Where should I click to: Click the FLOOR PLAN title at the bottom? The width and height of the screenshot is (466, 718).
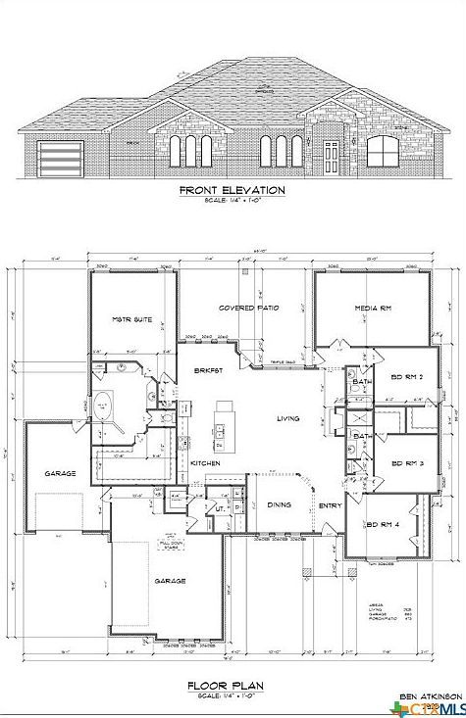point(232,687)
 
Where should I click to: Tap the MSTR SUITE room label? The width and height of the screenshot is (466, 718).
point(132,319)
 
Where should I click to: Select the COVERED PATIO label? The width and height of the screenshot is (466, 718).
point(248,308)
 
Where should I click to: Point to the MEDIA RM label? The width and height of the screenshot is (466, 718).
point(373,309)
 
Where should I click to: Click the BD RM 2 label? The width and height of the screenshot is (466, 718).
point(406,377)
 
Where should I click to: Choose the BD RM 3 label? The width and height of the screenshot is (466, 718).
point(406,463)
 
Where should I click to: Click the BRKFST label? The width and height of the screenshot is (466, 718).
point(207,369)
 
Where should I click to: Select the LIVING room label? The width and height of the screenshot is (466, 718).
point(287,418)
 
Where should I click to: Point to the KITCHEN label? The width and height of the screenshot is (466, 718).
point(204,462)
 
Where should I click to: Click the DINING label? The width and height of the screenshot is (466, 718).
point(280,504)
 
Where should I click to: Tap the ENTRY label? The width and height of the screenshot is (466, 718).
point(329,505)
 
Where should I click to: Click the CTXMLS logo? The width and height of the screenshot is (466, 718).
point(431,708)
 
